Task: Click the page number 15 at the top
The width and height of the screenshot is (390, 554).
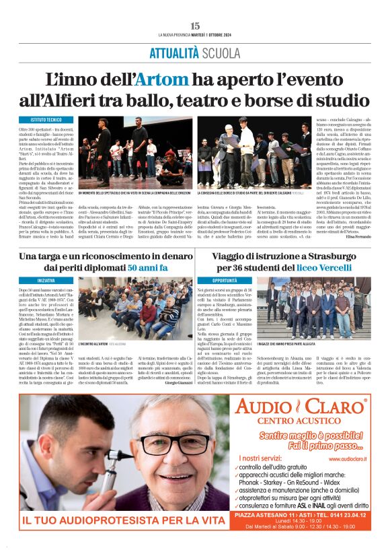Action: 195,26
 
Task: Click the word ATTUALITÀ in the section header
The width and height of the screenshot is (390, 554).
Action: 173,53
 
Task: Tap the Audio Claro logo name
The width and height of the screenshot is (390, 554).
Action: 299,407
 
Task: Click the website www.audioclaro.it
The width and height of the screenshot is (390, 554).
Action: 346,460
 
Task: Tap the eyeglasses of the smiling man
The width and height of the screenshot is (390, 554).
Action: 165,442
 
